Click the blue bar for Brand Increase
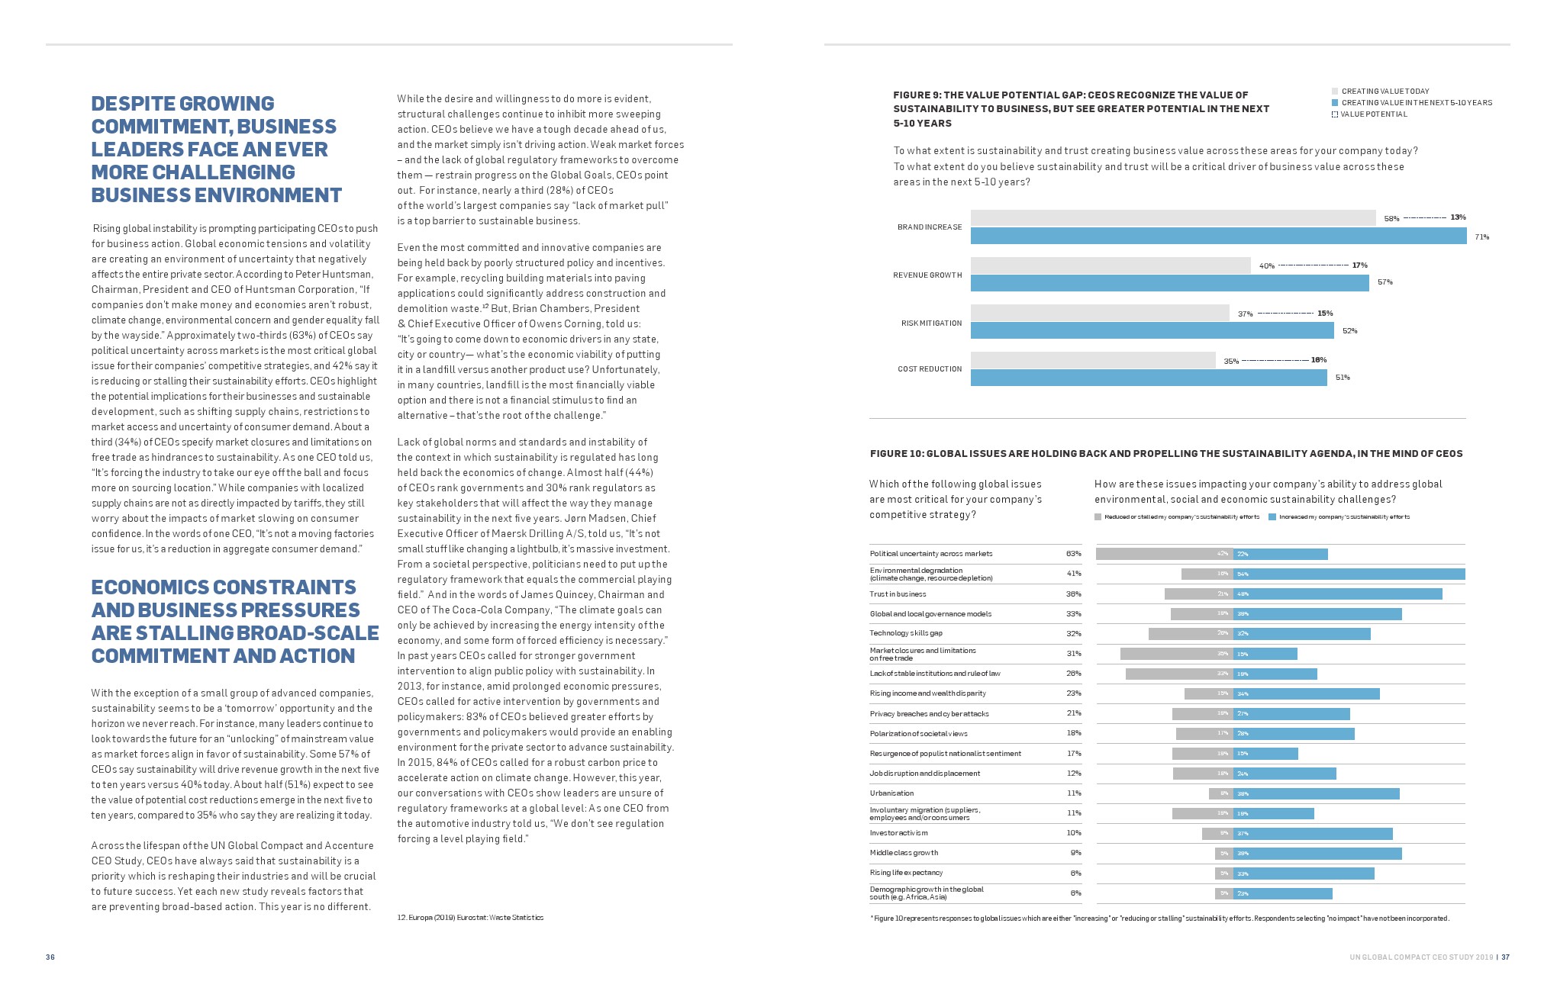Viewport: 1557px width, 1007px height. [x=1218, y=236]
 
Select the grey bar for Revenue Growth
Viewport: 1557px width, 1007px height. [x=1111, y=265]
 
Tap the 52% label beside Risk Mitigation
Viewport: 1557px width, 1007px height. [x=1349, y=331]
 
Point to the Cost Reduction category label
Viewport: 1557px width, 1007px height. [x=929, y=369]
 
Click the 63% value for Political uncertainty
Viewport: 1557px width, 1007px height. [x=1073, y=554]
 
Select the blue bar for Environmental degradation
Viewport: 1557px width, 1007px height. [x=1349, y=574]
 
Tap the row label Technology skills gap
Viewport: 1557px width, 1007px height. [x=906, y=633]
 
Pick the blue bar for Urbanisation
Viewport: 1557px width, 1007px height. [x=1316, y=794]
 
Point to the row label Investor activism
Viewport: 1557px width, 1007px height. [x=898, y=833]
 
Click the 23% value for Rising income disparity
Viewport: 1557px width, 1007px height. [x=1073, y=693]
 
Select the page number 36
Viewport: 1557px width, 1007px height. [x=50, y=957]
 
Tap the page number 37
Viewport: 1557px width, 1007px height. [x=1505, y=957]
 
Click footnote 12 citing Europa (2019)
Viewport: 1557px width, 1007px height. [x=470, y=918]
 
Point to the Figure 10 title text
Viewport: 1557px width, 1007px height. [x=1165, y=454]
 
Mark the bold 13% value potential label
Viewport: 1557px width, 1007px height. [x=1458, y=217]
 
